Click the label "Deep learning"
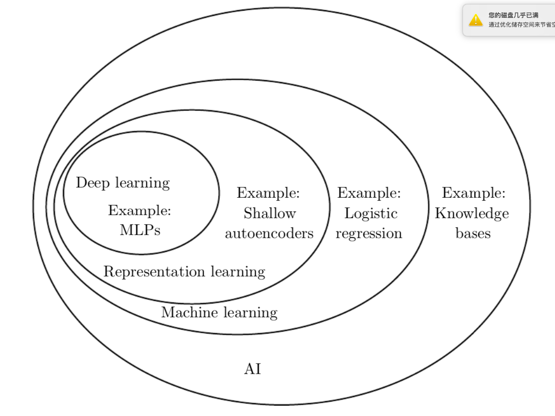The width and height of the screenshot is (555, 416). [x=123, y=183]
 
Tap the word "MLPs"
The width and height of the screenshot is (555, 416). [x=140, y=230]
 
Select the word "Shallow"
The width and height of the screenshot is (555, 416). [x=270, y=213]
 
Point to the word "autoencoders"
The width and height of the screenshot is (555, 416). [x=269, y=234]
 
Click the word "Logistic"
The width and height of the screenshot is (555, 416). [x=371, y=214]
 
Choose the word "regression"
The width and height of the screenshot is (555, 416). [x=369, y=234]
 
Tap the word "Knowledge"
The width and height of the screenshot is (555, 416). [x=472, y=214]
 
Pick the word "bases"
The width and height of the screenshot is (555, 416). [x=473, y=234]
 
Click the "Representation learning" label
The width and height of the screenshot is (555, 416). [x=184, y=271]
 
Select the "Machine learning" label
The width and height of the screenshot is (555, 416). [x=219, y=312]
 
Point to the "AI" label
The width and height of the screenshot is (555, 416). [x=253, y=369]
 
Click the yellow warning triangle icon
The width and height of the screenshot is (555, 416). [x=476, y=20]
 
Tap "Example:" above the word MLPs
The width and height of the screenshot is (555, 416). [x=139, y=211]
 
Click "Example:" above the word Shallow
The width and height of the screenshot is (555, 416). [x=268, y=193]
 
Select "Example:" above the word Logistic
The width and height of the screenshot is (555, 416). [x=369, y=193]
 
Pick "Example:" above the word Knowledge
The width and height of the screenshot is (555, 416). [x=474, y=193]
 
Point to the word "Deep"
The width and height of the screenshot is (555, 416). [x=93, y=183]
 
